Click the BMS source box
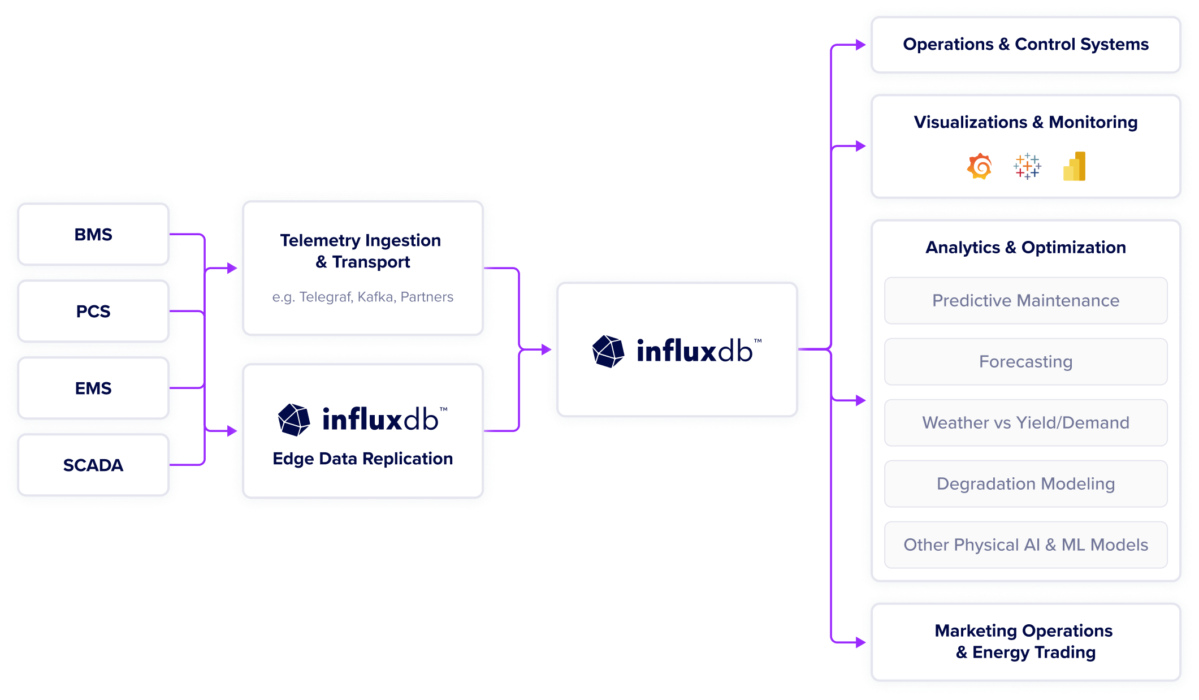pos(93,235)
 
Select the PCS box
pos(93,312)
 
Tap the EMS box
pos(93,388)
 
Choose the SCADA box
pos(93,465)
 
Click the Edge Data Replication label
pos(362,459)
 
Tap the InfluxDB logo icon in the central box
pos(608,351)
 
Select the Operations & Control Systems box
pos(1025,45)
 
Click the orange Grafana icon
pos(980,167)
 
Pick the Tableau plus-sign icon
pos(1027,167)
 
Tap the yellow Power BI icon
pos(1075,167)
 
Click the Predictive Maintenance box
pos(1025,301)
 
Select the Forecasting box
pos(1025,362)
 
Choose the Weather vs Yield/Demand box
pos(1025,423)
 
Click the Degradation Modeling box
pos(1025,484)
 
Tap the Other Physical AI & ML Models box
pos(1025,545)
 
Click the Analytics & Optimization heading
pos(1025,248)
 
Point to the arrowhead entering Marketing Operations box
pos(861,642)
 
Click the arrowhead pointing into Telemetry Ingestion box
pos(232,268)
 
